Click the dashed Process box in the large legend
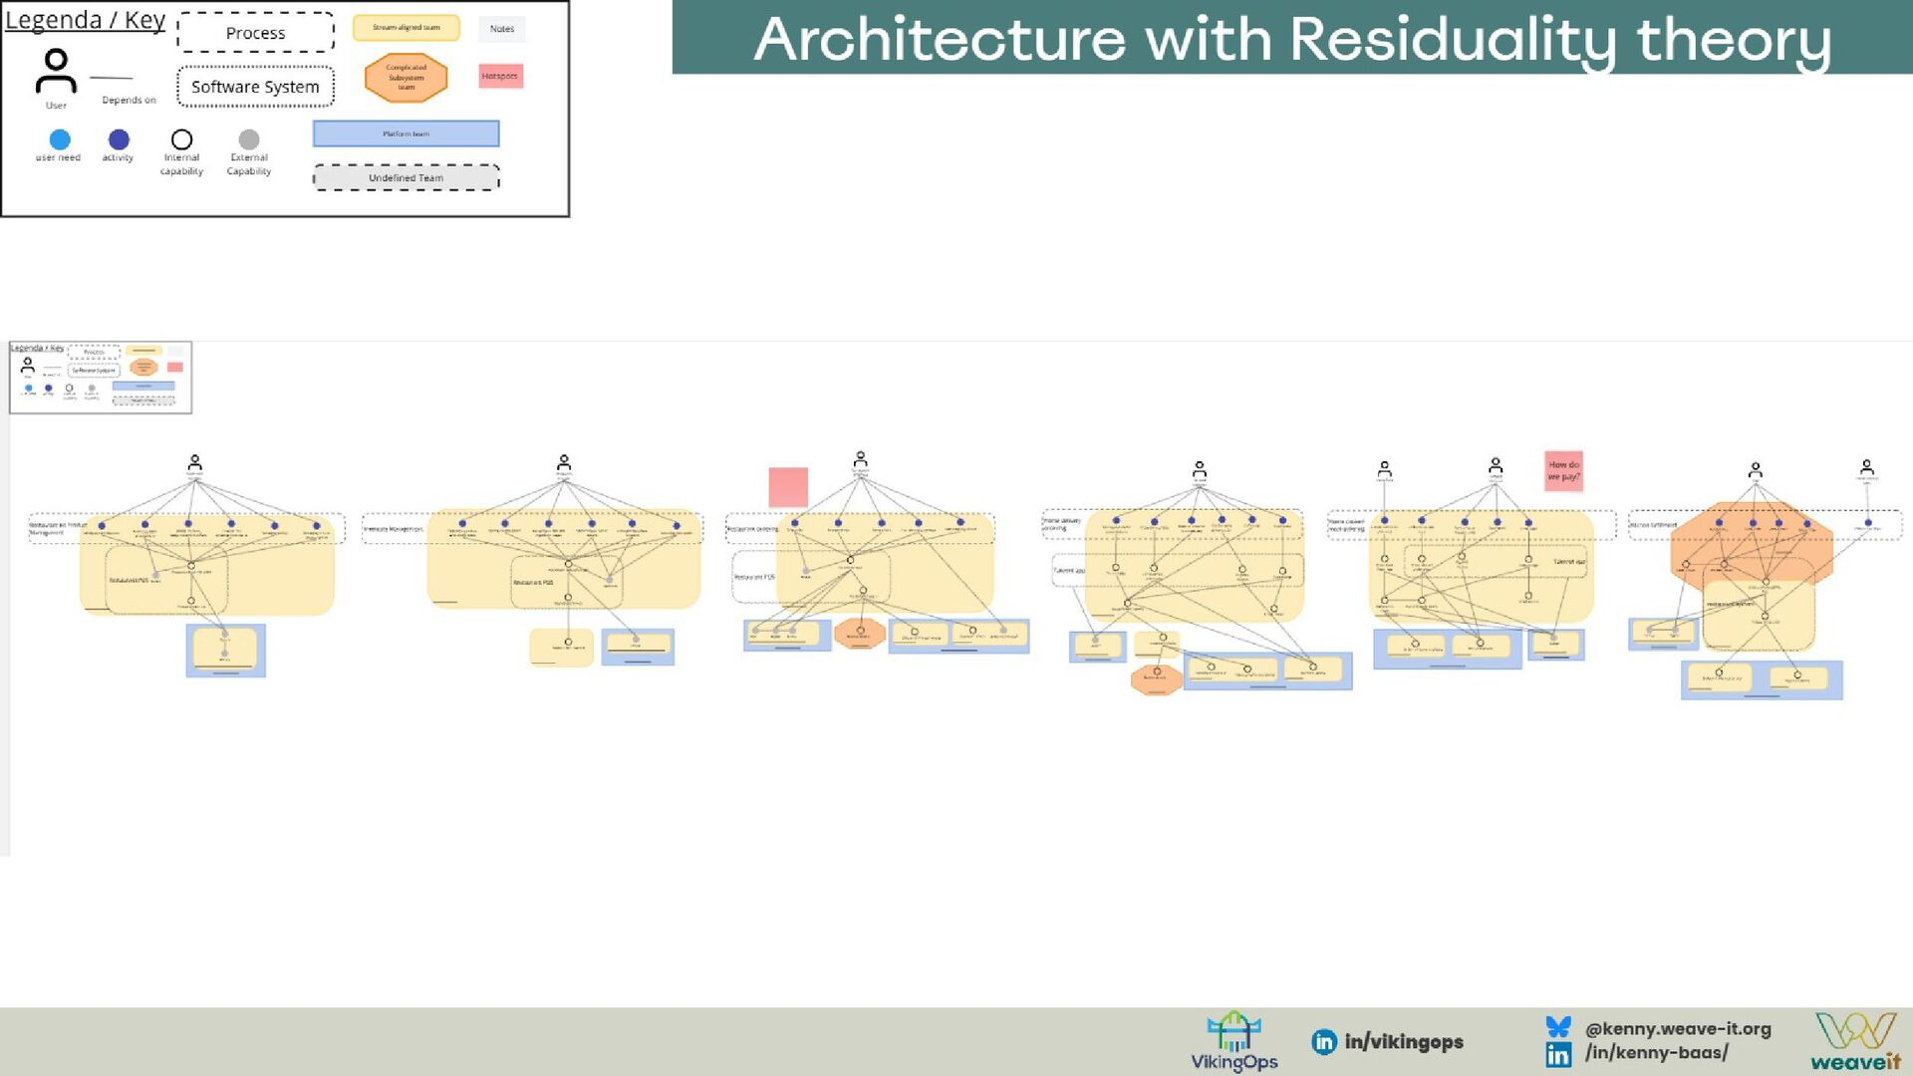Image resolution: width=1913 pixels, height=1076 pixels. click(x=255, y=33)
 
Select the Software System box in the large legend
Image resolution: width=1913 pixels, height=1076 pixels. click(x=255, y=87)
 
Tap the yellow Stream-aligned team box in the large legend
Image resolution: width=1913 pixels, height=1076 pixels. click(x=406, y=28)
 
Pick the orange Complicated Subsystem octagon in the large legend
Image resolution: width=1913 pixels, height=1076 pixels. click(x=406, y=78)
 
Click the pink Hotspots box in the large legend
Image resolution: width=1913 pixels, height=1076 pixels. click(x=500, y=76)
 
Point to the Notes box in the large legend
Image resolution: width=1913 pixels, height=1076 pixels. click(x=501, y=29)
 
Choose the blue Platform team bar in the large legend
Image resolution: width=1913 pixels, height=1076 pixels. click(x=406, y=134)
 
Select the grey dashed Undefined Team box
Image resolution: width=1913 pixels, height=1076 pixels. click(x=406, y=177)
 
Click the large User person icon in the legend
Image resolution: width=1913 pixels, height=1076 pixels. click(x=56, y=73)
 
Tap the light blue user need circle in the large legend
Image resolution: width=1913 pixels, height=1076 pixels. click(x=60, y=139)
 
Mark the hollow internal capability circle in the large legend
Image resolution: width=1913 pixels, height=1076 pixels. click(x=181, y=139)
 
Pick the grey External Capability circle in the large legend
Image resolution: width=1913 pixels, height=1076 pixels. click(x=249, y=139)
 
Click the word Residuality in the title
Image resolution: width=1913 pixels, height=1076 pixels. click(x=1455, y=40)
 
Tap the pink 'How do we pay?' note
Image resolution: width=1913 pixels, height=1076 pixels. click(x=1563, y=470)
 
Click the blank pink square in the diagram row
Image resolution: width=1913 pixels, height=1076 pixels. click(x=788, y=487)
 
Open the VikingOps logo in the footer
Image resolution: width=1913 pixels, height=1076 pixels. click(x=1233, y=1042)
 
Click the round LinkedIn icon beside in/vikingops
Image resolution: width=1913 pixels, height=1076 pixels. click(x=1324, y=1042)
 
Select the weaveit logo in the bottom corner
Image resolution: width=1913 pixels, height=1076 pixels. click(x=1855, y=1042)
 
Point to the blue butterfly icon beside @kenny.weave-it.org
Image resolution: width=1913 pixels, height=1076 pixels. click(x=1558, y=1027)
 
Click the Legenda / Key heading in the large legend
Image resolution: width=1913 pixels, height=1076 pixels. click(x=85, y=20)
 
